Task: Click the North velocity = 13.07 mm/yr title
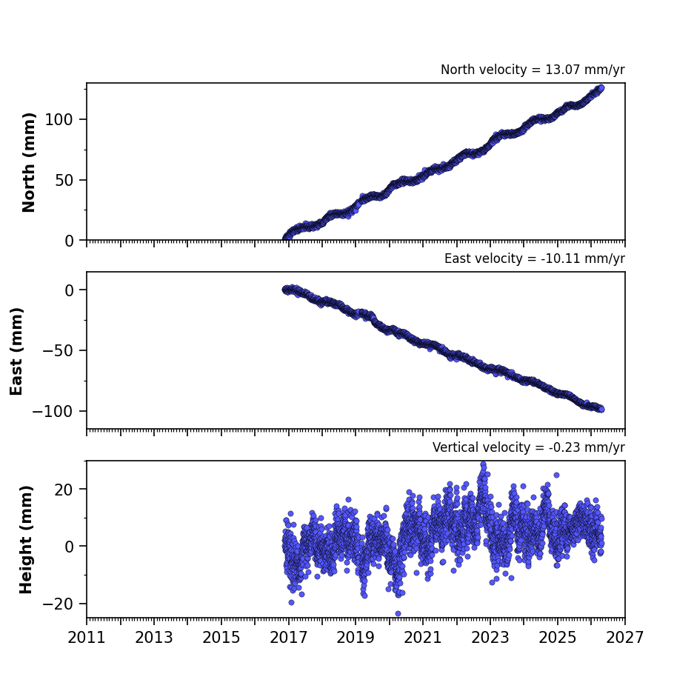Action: (533, 70)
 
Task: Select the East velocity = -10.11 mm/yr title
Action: (535, 258)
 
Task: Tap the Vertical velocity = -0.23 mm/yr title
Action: (529, 447)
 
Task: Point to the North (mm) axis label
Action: (28, 162)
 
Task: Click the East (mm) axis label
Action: (16, 351)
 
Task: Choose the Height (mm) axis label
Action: (26, 539)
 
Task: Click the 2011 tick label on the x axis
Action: (87, 638)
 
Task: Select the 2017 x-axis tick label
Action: (289, 638)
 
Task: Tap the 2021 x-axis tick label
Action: (423, 638)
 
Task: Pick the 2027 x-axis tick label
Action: (625, 638)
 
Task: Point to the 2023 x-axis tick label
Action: (490, 638)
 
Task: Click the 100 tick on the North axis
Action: (59, 119)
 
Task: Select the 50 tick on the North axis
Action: (64, 180)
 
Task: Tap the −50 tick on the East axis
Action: (58, 350)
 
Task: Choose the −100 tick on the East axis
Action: (53, 411)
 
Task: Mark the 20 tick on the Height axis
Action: (64, 489)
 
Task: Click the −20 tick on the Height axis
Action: (58, 604)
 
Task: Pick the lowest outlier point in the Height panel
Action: (398, 613)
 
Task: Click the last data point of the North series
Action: (601, 88)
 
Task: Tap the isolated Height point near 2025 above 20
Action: (556, 475)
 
